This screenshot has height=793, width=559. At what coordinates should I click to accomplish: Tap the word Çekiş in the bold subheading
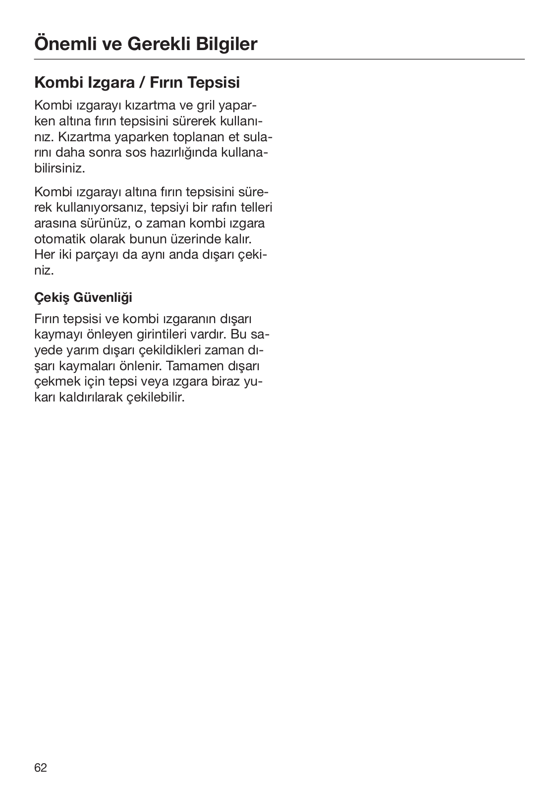coord(52,297)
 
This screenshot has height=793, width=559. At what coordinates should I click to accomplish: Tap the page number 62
coord(41,768)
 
